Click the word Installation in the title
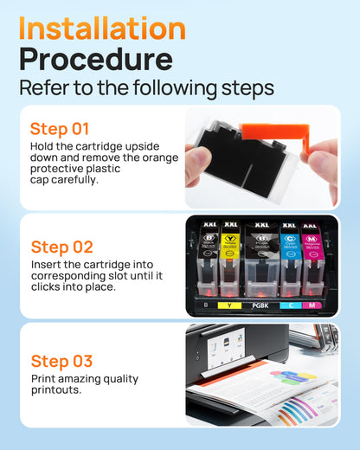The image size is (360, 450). [102, 28]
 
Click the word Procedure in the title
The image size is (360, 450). [95, 61]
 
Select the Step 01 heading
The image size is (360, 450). [60, 129]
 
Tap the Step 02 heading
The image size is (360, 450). [61, 246]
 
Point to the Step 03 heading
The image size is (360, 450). [61, 361]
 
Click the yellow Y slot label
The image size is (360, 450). [230, 305]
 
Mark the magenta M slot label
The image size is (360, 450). [312, 305]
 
